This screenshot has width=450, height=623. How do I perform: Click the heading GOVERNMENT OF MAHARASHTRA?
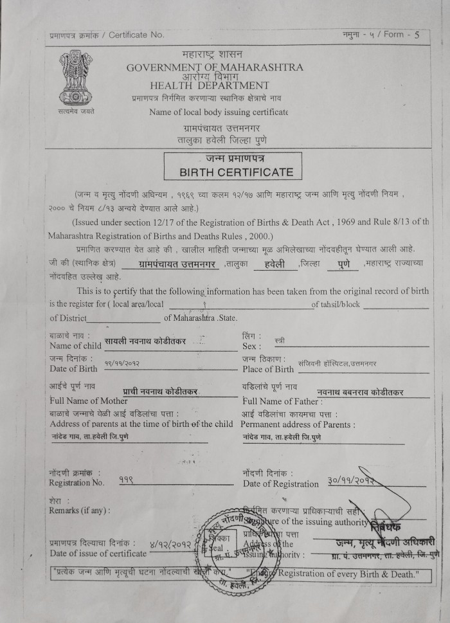coord(215,68)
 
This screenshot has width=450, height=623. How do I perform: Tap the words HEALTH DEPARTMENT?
coord(210,85)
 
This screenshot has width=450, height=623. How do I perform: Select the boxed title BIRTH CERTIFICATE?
coord(236,172)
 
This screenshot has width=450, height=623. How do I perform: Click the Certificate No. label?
coord(136,35)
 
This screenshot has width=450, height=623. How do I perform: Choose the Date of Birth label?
coord(73,368)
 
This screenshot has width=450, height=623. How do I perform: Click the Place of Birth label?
coord(268,369)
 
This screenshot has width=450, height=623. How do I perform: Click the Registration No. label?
coord(76,482)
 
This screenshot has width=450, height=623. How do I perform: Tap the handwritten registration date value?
coord(351,480)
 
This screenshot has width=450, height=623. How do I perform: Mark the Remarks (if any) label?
coord(79,510)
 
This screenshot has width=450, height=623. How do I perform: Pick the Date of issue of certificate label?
coord(98,553)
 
